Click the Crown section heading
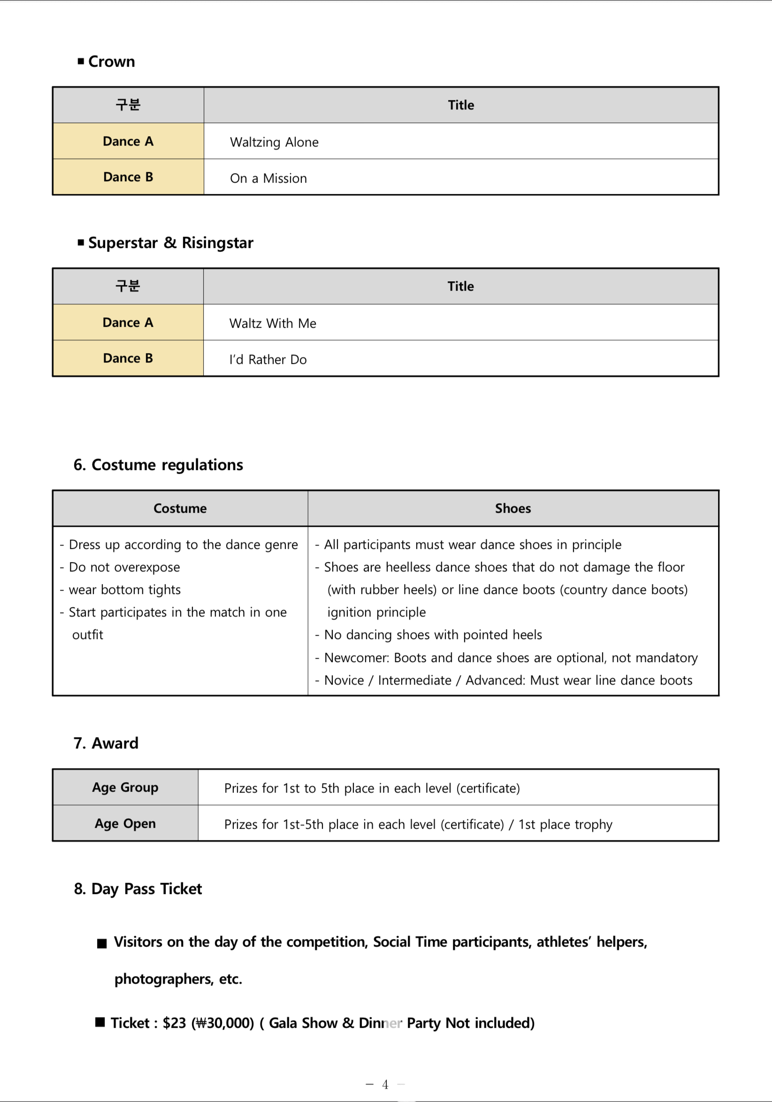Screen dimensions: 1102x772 pos(111,62)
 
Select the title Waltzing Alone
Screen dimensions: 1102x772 pos(274,142)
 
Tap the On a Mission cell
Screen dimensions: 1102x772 pos(268,178)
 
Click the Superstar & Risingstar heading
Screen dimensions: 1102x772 pos(170,243)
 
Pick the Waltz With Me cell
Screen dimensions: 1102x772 pos(273,323)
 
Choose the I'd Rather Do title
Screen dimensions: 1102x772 pos(268,360)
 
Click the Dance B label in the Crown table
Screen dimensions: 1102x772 pos(128,177)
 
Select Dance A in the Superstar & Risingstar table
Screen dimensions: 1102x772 pos(128,323)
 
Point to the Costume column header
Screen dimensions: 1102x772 pos(180,509)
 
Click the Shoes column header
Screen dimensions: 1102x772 pos(513,509)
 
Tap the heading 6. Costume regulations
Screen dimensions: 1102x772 pos(158,465)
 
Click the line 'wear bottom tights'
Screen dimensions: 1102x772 pos(125,589)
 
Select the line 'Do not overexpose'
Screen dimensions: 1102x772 pos(124,567)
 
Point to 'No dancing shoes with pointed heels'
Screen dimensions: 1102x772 pos(433,634)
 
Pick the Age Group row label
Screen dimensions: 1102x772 pos(125,787)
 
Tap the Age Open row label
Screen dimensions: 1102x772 pos(125,824)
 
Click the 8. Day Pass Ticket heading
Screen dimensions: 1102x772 pos(138,889)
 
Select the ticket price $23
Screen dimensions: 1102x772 pos(174,1023)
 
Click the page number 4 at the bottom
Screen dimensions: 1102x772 pos(385,1084)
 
